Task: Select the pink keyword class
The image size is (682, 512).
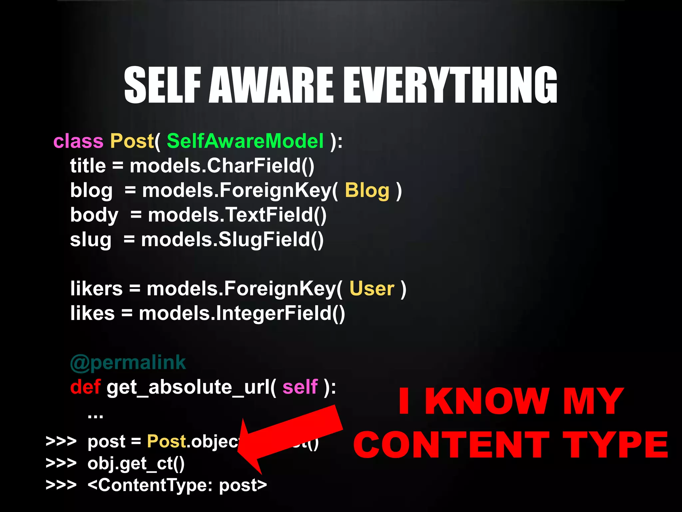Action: (x=78, y=141)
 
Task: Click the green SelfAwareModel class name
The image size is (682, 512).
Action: (x=245, y=141)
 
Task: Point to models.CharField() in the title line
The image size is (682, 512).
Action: (x=222, y=166)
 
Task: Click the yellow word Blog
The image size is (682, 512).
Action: (x=367, y=191)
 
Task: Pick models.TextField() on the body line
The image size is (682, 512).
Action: (x=237, y=215)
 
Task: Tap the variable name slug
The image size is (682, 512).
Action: (x=91, y=240)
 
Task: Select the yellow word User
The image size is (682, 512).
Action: (x=372, y=289)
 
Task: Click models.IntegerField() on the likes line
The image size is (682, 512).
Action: (x=242, y=313)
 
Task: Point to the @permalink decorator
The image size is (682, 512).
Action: (x=128, y=362)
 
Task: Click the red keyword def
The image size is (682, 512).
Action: (x=85, y=387)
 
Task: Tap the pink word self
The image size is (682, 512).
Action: (x=300, y=387)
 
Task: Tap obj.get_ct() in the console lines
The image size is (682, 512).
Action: (x=136, y=463)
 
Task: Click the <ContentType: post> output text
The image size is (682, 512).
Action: (x=177, y=485)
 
